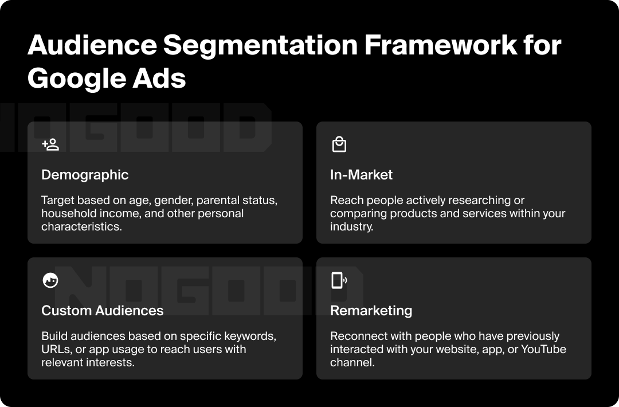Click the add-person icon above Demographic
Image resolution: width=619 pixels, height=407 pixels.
[50, 144]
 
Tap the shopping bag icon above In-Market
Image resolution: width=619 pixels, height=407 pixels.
[339, 144]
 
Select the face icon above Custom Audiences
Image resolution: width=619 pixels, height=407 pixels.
[50, 280]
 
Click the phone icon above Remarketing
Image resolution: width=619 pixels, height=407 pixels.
[339, 280]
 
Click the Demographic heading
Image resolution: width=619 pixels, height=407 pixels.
[85, 175]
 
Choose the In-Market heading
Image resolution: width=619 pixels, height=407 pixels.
[361, 175]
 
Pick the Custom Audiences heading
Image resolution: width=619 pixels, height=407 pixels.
[102, 311]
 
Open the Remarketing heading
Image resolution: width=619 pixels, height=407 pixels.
[371, 311]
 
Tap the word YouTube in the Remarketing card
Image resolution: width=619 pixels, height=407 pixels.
[543, 349]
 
